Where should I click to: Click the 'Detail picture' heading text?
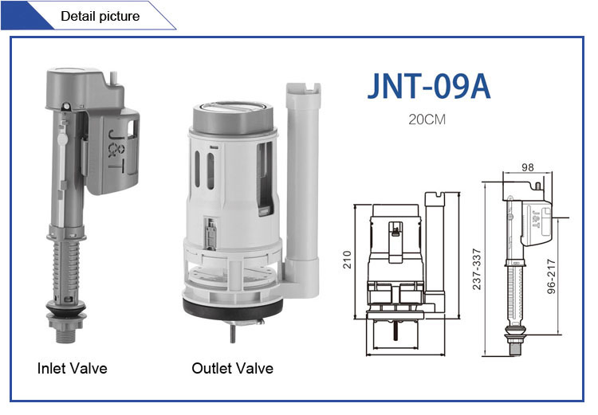[x=100, y=16]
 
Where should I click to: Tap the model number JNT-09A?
[x=429, y=87]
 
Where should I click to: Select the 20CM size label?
[x=427, y=119]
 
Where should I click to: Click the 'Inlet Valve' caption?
[x=72, y=368]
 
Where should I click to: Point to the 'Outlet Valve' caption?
[x=232, y=368]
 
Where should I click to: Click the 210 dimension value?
[x=347, y=260]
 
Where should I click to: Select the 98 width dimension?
[x=528, y=167]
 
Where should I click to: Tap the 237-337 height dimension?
[x=477, y=269]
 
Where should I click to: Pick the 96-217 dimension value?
[x=551, y=276]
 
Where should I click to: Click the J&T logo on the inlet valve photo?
[x=116, y=150]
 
